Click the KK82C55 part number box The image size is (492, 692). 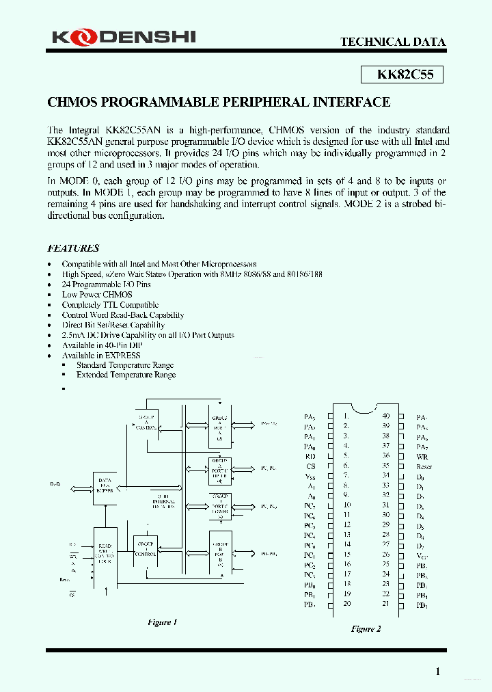point(401,75)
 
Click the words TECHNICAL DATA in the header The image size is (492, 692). point(393,42)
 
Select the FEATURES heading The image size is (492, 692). point(73,248)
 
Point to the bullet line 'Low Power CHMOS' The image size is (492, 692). point(97,294)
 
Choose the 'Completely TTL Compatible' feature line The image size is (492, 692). point(110,305)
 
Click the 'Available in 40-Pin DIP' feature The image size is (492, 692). point(105,345)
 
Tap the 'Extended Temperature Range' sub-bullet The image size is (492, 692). point(126,375)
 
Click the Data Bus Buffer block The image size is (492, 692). point(105,485)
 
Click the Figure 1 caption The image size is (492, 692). point(162,622)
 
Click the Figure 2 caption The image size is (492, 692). point(366,628)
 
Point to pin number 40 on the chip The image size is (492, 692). point(385,416)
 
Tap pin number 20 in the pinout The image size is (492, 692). point(347,604)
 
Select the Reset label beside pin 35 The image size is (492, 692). point(424,466)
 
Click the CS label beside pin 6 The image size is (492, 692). point(311,465)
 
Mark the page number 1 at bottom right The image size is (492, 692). point(438,671)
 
